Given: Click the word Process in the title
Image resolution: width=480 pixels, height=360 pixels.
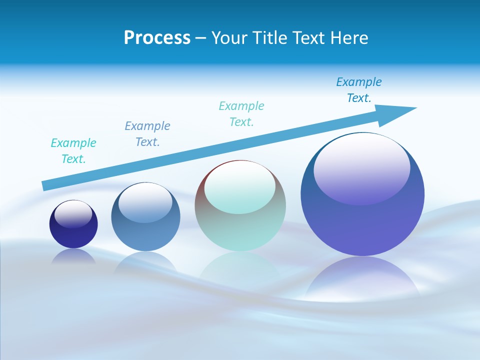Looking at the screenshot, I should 157,38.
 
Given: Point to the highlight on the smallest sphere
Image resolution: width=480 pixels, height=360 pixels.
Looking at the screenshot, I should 73,213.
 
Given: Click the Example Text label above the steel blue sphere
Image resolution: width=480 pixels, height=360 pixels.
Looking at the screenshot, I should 147,134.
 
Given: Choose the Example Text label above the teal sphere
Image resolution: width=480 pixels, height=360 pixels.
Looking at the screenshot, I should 241,114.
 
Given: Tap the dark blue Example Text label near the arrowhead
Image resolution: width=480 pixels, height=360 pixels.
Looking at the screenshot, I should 359,90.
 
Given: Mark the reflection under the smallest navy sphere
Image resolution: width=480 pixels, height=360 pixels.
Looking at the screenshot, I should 73,256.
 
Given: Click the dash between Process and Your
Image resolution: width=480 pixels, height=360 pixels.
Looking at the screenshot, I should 200,38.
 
